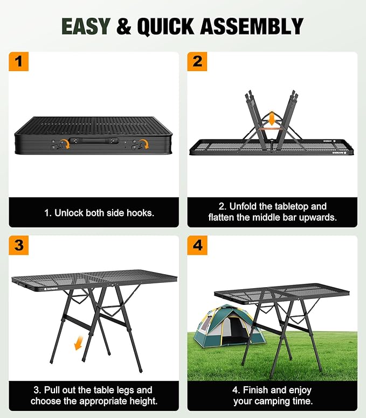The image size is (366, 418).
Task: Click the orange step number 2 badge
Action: coord(197,61)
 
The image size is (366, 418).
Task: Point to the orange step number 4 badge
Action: coord(197,245)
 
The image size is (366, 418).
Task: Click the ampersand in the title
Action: coord(124,26)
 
